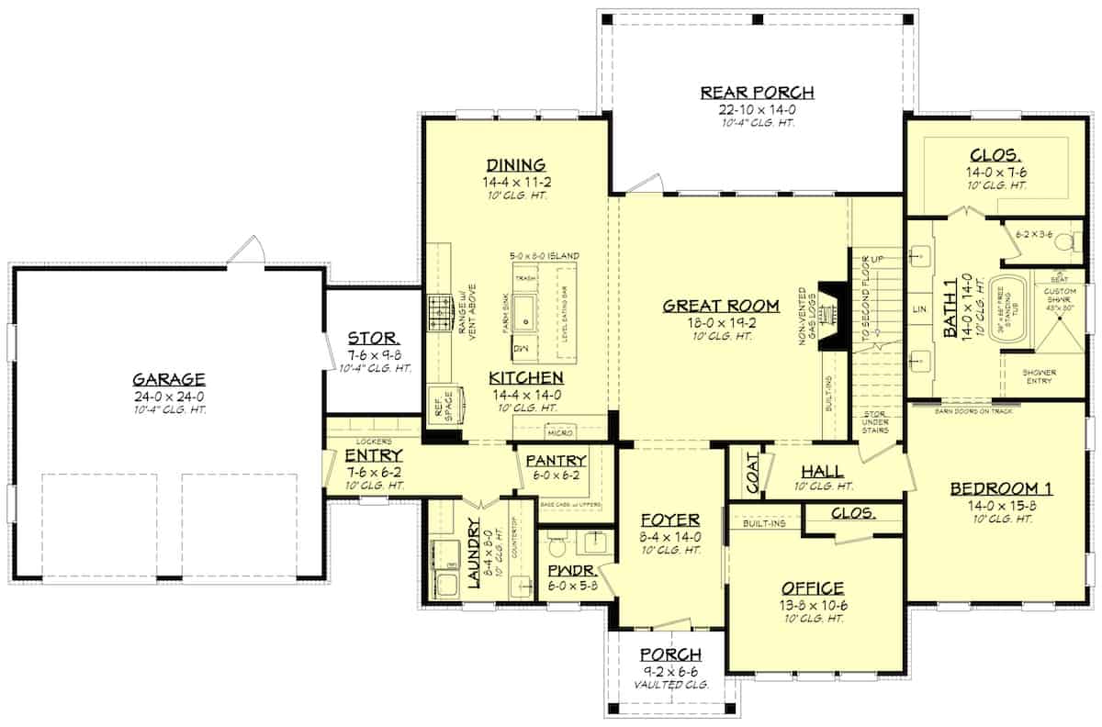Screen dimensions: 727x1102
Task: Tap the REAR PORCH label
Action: coord(758,92)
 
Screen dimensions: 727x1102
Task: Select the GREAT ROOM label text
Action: coord(721,306)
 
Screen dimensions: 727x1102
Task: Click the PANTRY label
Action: coord(557,460)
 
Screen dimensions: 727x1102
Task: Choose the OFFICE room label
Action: coord(813,588)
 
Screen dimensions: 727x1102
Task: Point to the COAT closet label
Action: coord(751,474)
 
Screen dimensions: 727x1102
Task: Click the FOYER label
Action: coord(671,520)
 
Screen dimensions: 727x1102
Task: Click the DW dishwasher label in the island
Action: coord(520,350)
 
